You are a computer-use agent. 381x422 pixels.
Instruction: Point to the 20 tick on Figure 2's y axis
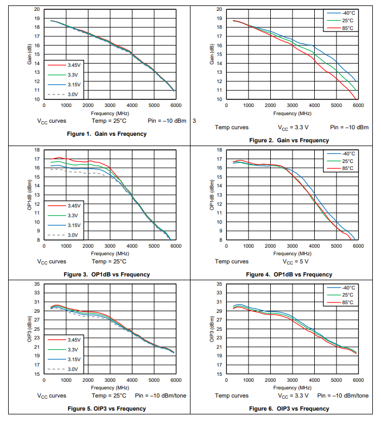(219, 9)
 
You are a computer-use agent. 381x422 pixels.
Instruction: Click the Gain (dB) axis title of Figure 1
(30, 54)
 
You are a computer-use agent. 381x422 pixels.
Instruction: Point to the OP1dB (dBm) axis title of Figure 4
(212, 194)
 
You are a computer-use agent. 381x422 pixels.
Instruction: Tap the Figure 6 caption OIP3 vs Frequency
(289, 408)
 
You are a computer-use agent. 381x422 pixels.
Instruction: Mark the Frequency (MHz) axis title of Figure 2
(293, 113)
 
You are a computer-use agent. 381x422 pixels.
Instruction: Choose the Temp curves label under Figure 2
(232, 127)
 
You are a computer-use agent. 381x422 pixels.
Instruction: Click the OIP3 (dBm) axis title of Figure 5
(30, 329)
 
